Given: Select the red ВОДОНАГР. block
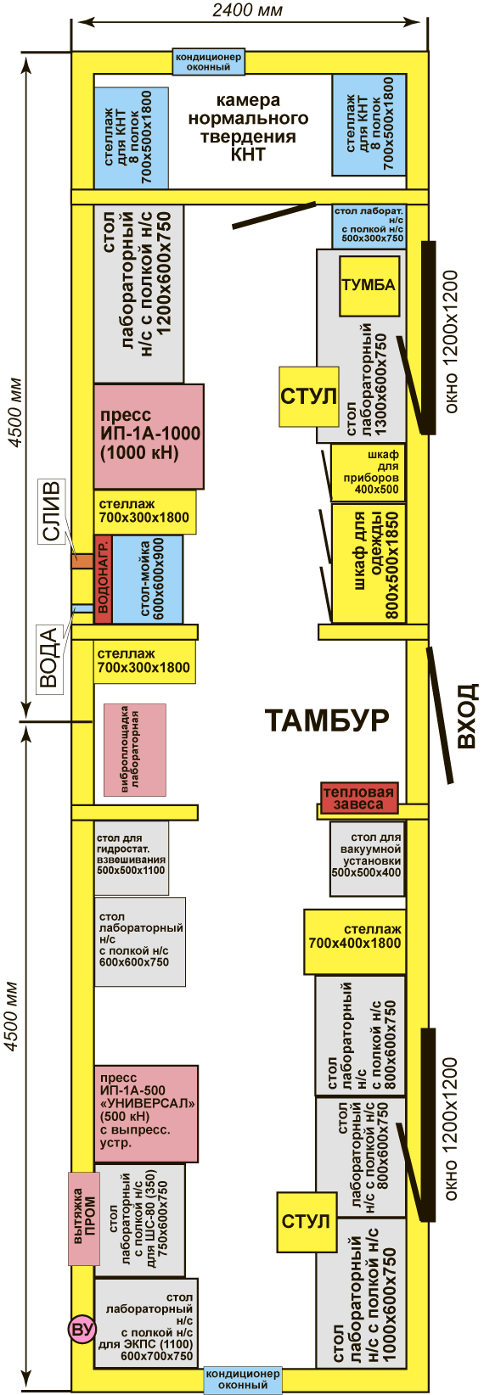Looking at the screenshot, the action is pyautogui.click(x=104, y=580).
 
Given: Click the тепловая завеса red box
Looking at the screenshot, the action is pyautogui.click(x=359, y=798).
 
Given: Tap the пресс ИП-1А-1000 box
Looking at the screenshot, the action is pyautogui.click(x=149, y=436).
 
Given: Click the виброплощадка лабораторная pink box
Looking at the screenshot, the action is pyautogui.click(x=134, y=750).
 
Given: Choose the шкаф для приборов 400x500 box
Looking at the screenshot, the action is pyautogui.click(x=369, y=473).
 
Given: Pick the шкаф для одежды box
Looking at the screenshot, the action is pyautogui.click(x=369, y=563).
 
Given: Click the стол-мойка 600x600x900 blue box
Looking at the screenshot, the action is pyautogui.click(x=148, y=580).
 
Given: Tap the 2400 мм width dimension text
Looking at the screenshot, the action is pyautogui.click(x=247, y=10).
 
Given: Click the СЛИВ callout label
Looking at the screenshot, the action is pyautogui.click(x=52, y=512).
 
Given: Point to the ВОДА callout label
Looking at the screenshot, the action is pyautogui.click(x=50, y=658).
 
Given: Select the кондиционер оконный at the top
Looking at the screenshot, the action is pyautogui.click(x=207, y=62).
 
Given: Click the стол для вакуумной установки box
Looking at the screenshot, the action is pyautogui.click(x=368, y=860).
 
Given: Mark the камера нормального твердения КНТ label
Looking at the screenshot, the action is pyautogui.click(x=249, y=127).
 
